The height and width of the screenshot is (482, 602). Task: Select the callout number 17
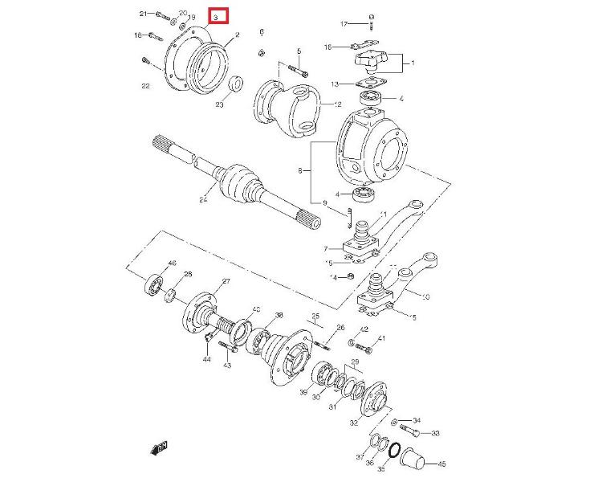click(x=343, y=23)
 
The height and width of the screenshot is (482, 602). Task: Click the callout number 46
click(x=172, y=264)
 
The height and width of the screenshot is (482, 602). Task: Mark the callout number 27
click(x=226, y=280)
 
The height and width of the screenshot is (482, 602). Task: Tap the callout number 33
click(x=436, y=434)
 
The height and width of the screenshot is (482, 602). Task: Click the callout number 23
click(x=219, y=104)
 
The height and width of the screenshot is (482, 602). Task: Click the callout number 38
click(x=279, y=315)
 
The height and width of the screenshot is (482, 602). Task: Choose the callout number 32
click(x=354, y=423)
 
